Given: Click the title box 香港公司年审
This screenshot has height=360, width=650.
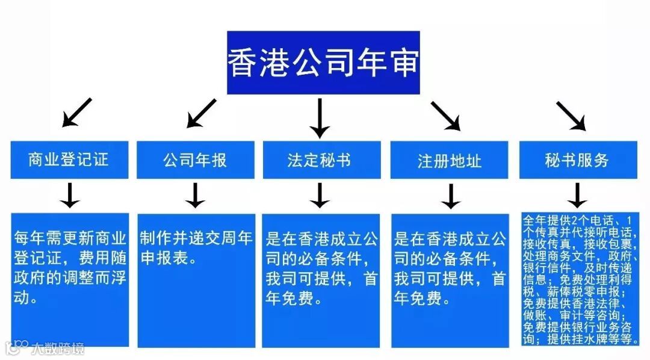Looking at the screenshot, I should click(x=323, y=63).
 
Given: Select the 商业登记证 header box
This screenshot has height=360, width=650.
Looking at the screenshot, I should click(x=69, y=160).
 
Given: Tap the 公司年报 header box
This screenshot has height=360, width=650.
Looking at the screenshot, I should click(x=195, y=160).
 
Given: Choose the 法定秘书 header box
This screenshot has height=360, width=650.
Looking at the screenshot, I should click(x=321, y=160).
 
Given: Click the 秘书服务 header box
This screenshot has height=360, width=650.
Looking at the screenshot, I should click(x=577, y=160).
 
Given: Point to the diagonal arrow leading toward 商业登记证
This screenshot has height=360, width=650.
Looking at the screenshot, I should click(x=77, y=113).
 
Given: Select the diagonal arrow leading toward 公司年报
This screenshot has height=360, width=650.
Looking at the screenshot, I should click(x=201, y=113).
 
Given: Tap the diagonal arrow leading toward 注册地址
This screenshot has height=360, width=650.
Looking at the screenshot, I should click(x=445, y=115).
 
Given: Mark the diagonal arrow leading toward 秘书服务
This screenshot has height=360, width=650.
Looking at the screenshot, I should click(x=571, y=115).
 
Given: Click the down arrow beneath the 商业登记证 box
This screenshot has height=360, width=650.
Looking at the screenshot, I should click(x=70, y=195).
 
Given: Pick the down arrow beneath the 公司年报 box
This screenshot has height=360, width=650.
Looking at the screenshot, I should click(x=195, y=195).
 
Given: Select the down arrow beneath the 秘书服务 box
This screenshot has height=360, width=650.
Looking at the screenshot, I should click(x=577, y=195).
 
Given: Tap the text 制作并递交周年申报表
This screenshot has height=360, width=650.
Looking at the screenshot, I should click(x=195, y=247).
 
